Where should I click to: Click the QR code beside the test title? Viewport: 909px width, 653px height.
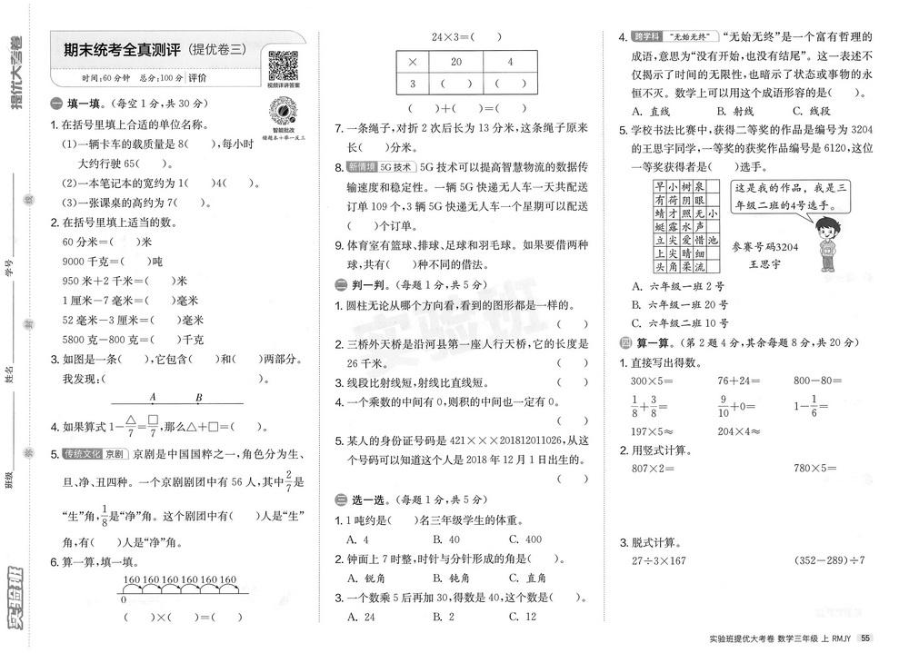284,65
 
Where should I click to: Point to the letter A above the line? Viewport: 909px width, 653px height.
153,397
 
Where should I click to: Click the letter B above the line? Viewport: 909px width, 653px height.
199,397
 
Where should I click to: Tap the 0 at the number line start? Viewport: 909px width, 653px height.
123,599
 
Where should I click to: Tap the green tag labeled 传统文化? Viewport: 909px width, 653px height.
85,453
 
